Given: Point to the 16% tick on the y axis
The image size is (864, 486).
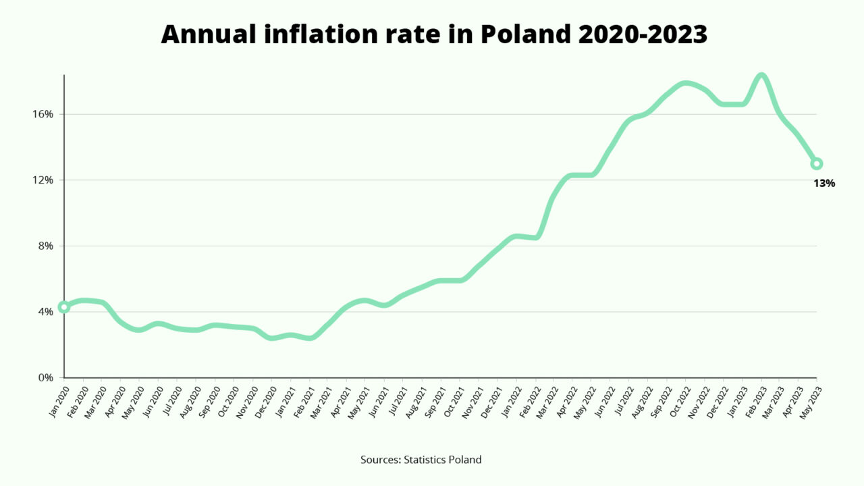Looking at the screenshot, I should (44, 114).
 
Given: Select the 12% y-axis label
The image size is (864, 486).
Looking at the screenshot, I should (44, 180).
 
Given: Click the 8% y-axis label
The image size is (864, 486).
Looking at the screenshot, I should (47, 246).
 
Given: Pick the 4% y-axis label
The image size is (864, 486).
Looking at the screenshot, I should (47, 312).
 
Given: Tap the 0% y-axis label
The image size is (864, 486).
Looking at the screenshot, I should (47, 378).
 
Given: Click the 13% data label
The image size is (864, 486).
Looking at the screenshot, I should (824, 183).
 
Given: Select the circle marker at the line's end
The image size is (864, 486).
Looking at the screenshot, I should (817, 163).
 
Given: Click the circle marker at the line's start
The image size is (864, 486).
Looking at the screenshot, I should (64, 307).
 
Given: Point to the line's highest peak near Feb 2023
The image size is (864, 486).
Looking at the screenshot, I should (761, 76).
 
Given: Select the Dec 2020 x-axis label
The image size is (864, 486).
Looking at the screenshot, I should (264, 402).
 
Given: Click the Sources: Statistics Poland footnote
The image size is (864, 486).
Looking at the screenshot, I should (421, 460).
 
